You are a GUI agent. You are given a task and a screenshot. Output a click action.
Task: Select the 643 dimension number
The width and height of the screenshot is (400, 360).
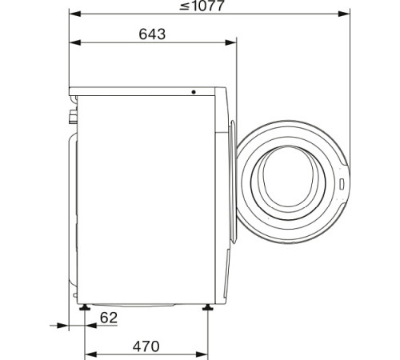click(151, 34)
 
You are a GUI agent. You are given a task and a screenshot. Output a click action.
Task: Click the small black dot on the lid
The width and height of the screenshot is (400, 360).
click(194, 91)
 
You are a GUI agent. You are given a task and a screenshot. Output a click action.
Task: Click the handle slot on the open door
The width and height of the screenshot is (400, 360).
click(341, 182)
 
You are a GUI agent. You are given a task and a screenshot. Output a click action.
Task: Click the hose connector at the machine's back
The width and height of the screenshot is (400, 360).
click(73, 118)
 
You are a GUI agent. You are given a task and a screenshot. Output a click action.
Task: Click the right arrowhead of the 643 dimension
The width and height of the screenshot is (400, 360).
click(234, 42)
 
